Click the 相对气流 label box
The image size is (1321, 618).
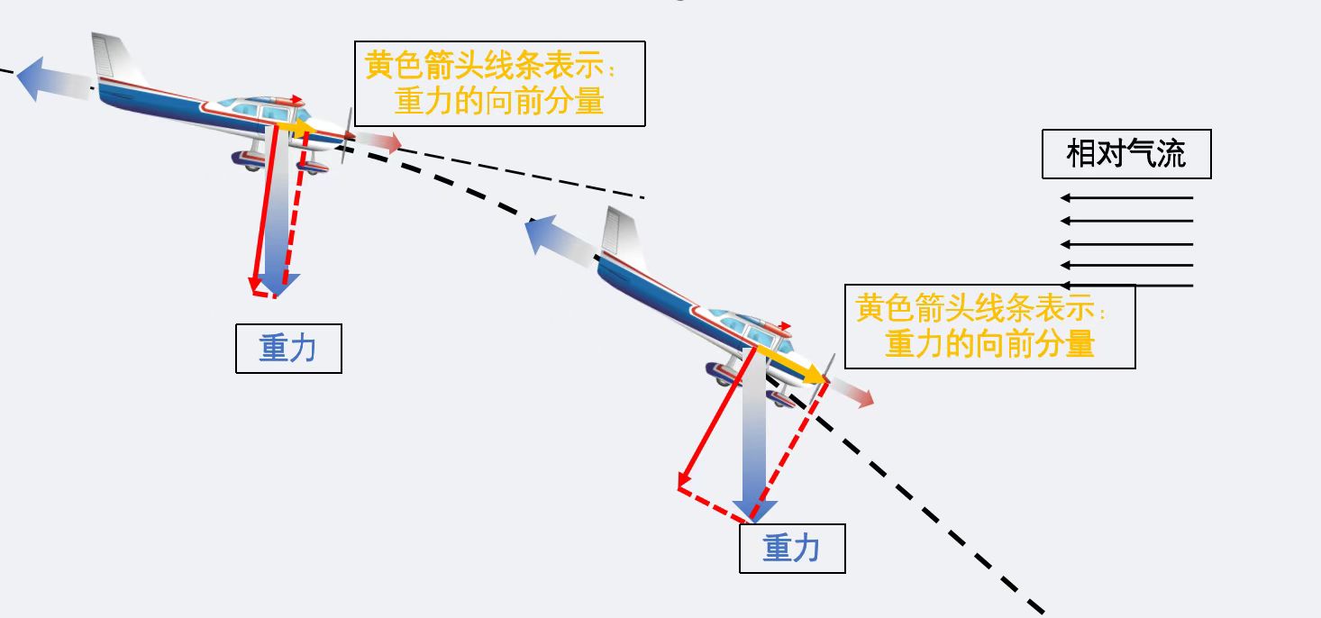1125,154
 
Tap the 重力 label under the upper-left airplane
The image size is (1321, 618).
288,349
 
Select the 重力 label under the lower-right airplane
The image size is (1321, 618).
792,548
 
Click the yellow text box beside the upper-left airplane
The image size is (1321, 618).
499,83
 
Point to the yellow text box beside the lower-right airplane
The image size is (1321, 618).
989,326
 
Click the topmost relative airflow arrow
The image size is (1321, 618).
1126,197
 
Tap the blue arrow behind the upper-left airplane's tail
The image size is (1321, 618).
54,78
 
